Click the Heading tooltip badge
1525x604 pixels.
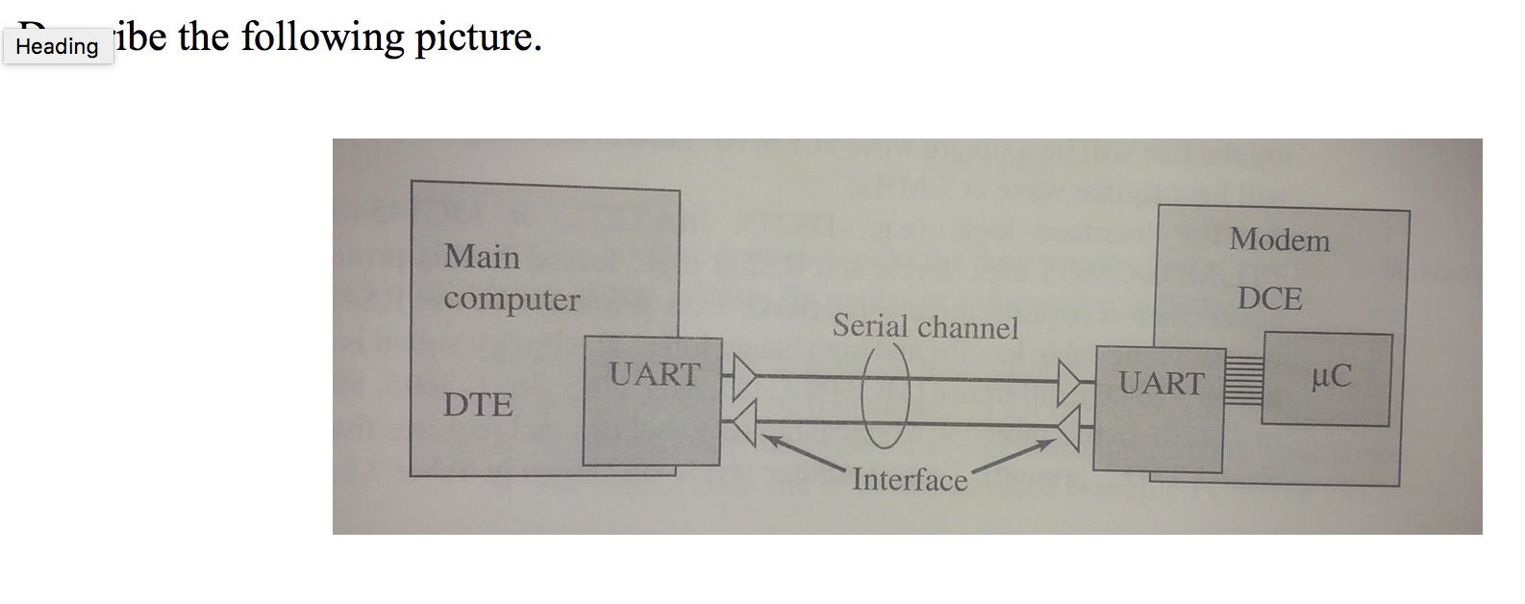coord(58,46)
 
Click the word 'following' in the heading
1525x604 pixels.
coord(322,37)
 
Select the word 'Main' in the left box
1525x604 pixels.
coord(482,257)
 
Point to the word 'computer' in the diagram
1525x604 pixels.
coord(512,299)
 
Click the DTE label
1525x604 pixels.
coord(477,405)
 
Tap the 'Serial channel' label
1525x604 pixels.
coord(925,327)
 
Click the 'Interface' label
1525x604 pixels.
coord(910,479)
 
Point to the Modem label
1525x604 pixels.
coord(1279,239)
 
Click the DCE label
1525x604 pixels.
coord(1269,299)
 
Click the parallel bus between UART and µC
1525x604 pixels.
coord(1243,381)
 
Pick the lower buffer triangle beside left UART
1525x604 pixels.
coord(740,422)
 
